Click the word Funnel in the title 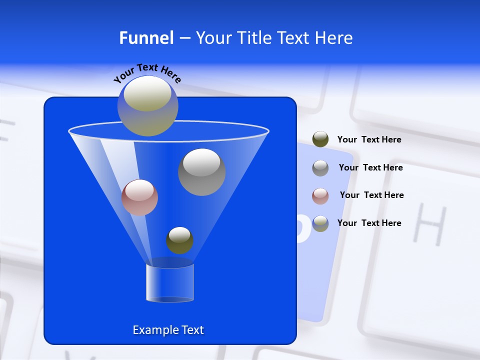(146, 38)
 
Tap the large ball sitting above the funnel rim (148, 105)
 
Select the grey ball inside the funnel (201, 171)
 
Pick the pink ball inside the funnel (139, 197)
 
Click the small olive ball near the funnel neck (179, 240)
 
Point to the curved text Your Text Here (147, 73)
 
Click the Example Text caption (168, 330)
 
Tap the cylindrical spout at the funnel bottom (170, 283)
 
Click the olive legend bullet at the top (320, 139)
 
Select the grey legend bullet (320, 168)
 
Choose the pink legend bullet (320, 195)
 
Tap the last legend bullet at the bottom (320, 223)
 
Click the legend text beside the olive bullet (369, 140)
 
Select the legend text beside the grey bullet (370, 168)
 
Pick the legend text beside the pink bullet (371, 195)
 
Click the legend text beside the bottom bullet (369, 223)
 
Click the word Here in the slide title (334, 38)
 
